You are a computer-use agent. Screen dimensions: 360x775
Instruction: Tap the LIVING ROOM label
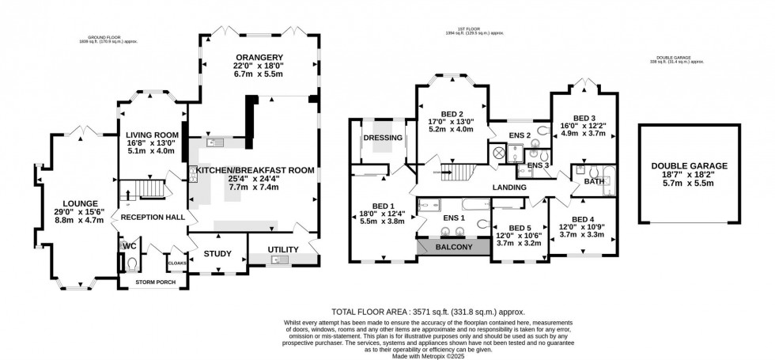coord(150,135)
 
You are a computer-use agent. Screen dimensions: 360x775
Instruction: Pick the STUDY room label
coord(217,254)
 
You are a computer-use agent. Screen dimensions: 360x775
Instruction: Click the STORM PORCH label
coord(153,279)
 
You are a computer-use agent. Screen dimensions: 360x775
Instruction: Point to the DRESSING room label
coord(383,138)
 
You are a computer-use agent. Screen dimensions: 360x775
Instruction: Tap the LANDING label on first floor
coord(509,188)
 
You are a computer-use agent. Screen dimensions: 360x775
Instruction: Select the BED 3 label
coord(582,116)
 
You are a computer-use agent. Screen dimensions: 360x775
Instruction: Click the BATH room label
coord(594,181)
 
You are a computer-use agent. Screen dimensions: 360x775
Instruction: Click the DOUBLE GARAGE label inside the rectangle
coord(689,166)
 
